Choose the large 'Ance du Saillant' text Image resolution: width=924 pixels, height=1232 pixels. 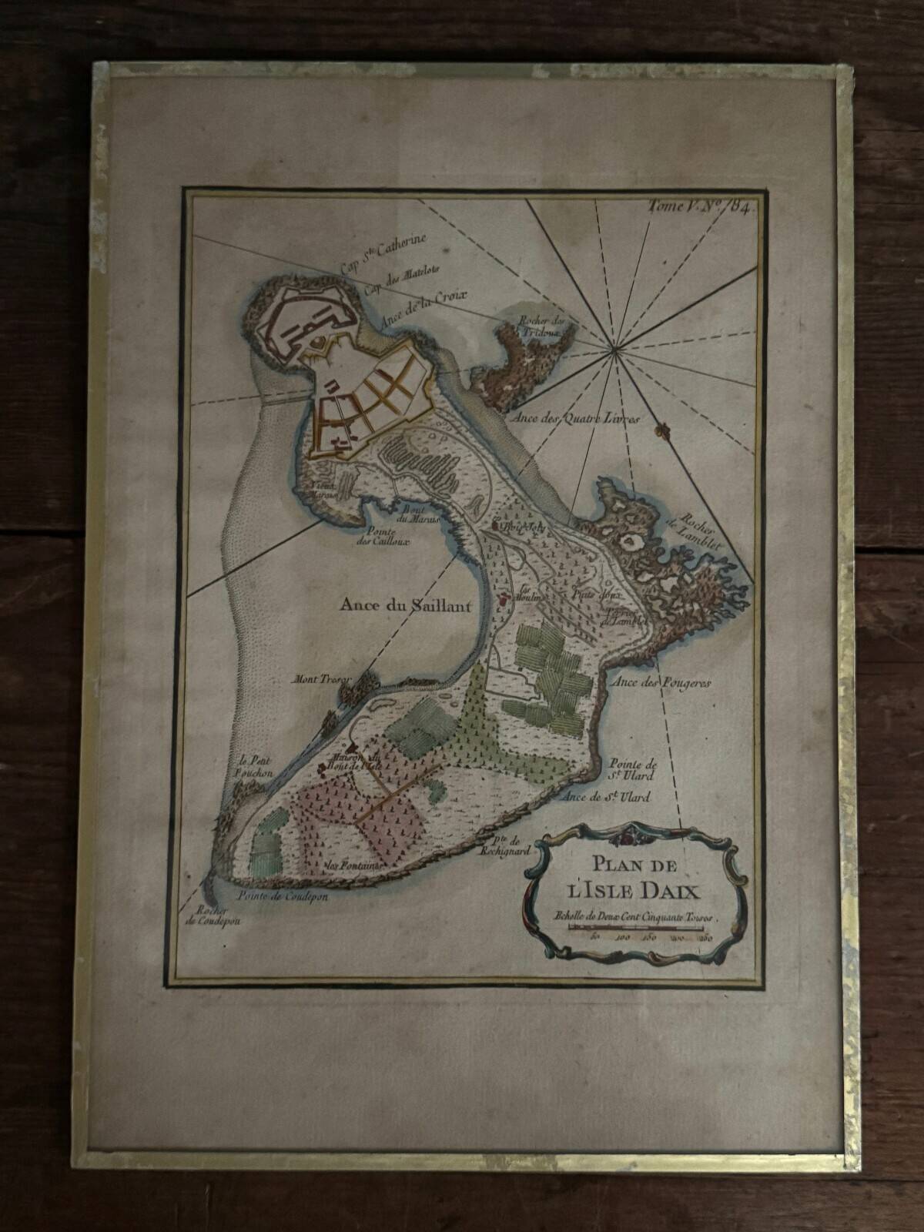[x=405, y=605]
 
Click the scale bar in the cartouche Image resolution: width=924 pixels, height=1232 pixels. [x=638, y=929]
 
